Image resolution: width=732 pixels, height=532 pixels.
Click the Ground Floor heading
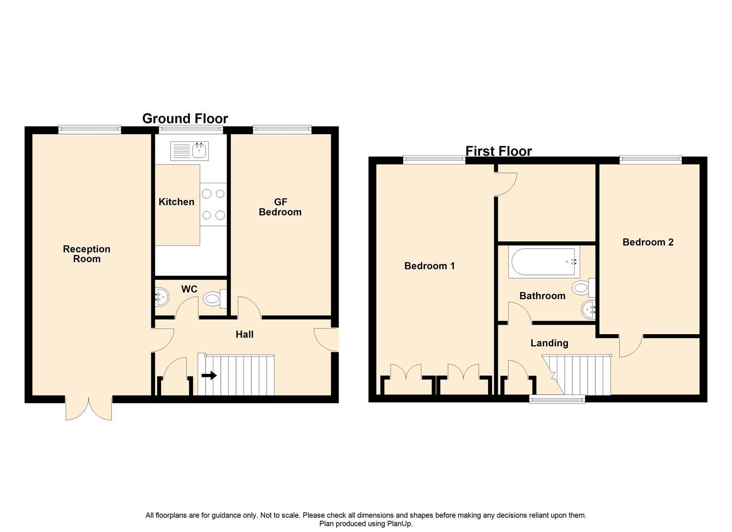coord(185,119)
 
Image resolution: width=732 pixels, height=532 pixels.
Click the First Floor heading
coord(498,151)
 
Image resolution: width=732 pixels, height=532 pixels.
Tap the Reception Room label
coord(87,254)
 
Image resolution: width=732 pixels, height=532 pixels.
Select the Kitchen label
coord(176,202)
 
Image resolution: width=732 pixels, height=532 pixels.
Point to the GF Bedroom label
coord(280,207)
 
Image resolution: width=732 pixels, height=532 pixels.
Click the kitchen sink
coord(190,151)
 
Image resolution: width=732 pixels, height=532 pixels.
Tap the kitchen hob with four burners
coord(213,204)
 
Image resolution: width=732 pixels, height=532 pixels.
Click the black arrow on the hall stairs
coord(209,375)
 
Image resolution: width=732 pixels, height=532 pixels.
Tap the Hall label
coord(244,334)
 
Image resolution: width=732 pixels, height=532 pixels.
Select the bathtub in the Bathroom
coord(544,263)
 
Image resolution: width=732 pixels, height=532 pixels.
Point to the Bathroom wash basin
coord(588,310)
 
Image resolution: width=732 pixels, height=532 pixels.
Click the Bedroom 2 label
coord(648,242)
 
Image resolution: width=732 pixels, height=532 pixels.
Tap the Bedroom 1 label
coord(429,266)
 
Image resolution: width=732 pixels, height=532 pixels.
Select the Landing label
coord(549,343)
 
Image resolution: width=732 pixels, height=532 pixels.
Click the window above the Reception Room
coord(89,130)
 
